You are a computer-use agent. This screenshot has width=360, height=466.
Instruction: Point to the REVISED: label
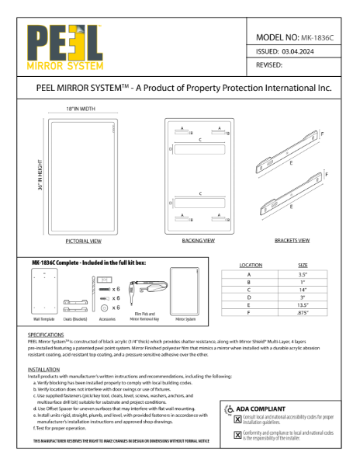click(268, 66)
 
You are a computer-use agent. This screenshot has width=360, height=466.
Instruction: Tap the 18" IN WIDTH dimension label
click(80, 110)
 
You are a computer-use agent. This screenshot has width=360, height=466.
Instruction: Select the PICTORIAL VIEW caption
click(83, 242)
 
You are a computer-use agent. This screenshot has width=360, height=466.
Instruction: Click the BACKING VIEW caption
click(199, 242)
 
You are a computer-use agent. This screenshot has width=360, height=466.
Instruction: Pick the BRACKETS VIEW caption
click(292, 242)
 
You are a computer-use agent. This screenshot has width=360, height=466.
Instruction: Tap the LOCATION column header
click(251, 265)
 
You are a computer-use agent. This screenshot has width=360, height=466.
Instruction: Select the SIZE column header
click(303, 265)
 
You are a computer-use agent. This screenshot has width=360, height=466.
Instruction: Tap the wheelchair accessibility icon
click(227, 408)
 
